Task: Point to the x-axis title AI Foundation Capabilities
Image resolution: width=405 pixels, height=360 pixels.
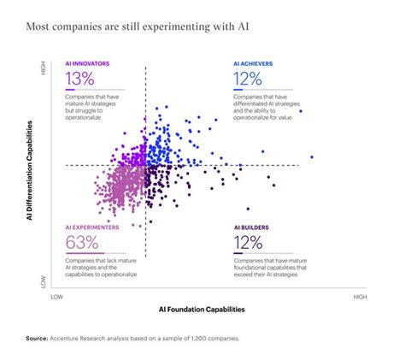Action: tap(202, 309)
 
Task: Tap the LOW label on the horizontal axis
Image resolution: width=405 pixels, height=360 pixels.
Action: tap(57, 296)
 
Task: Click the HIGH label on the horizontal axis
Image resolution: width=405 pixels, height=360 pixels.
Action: tap(360, 296)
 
